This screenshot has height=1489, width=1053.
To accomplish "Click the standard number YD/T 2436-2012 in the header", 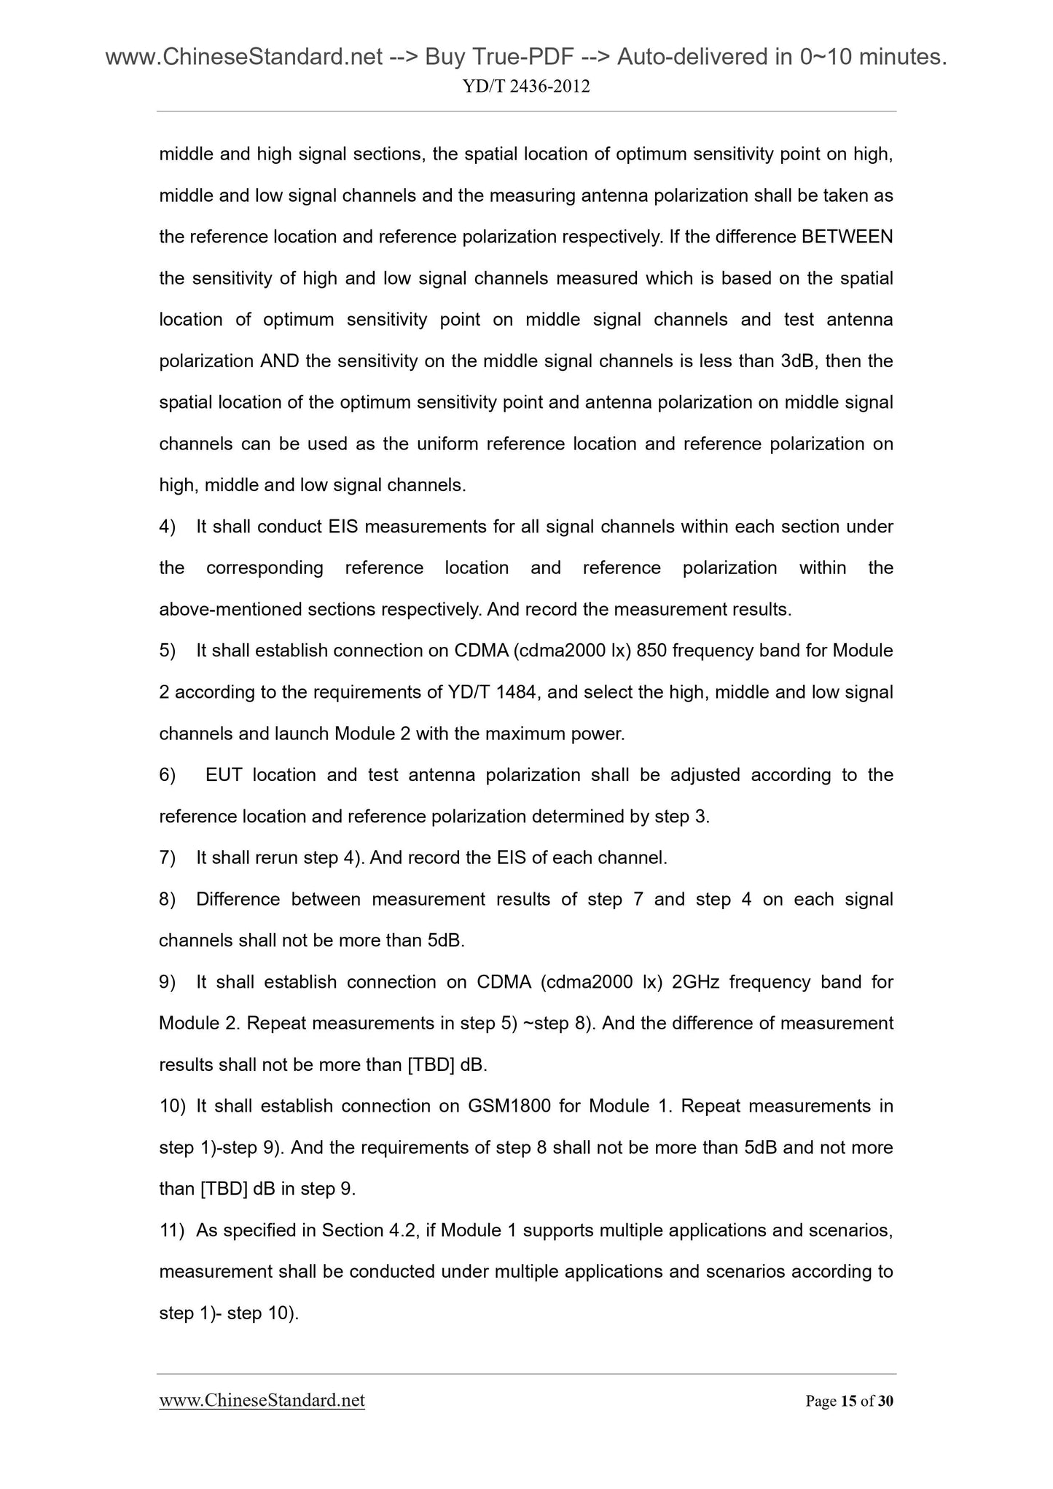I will pyautogui.click(x=526, y=87).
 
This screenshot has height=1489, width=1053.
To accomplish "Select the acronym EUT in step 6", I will pyautogui.click(x=223, y=775).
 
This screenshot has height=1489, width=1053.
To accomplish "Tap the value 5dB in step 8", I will pyautogui.click(x=445, y=940).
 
